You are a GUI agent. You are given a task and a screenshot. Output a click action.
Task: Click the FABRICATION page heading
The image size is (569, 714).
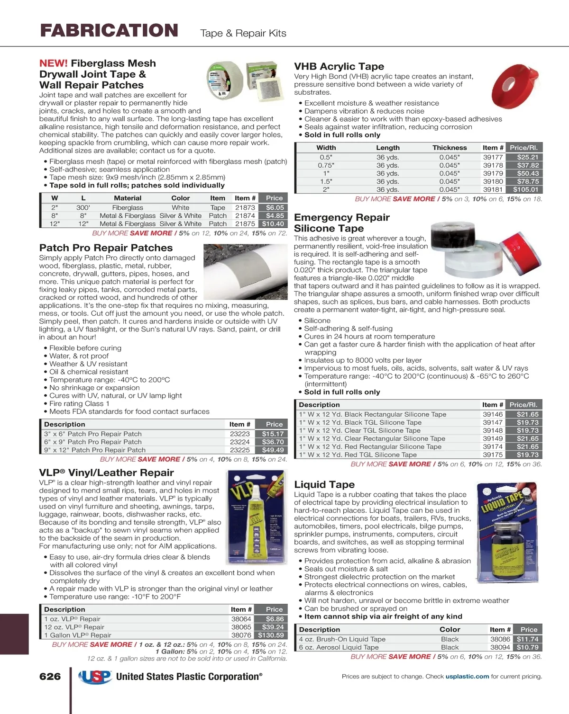[x=109, y=31]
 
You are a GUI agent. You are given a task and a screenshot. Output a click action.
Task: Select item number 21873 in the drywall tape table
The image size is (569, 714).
[x=245, y=207]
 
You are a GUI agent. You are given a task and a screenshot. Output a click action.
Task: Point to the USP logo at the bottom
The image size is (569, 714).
[x=95, y=677]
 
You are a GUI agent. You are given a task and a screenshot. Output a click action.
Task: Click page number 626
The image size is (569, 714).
[x=50, y=677]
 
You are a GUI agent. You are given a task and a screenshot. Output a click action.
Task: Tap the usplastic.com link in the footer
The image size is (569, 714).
[x=467, y=677]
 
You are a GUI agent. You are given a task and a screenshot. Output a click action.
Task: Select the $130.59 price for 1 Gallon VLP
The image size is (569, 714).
[x=271, y=635]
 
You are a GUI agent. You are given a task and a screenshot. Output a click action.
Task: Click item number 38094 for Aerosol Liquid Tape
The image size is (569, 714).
[x=500, y=647]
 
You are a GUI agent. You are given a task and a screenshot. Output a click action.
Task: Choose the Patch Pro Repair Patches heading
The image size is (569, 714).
[x=106, y=248]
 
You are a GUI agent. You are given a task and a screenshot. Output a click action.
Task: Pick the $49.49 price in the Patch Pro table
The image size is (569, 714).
[x=273, y=450]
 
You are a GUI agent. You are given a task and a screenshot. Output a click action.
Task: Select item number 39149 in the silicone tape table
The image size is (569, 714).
[x=493, y=438]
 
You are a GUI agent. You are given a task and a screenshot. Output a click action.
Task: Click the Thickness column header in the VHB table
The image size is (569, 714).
[x=450, y=148]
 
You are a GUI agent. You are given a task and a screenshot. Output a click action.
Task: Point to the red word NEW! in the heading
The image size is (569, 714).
[x=53, y=63]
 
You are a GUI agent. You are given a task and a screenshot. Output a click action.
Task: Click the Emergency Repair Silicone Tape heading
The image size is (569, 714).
[x=341, y=223]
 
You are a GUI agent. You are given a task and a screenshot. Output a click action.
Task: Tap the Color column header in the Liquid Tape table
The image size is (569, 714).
[x=450, y=630]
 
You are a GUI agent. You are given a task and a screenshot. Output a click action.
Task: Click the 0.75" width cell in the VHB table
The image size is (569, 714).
[x=326, y=165]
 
